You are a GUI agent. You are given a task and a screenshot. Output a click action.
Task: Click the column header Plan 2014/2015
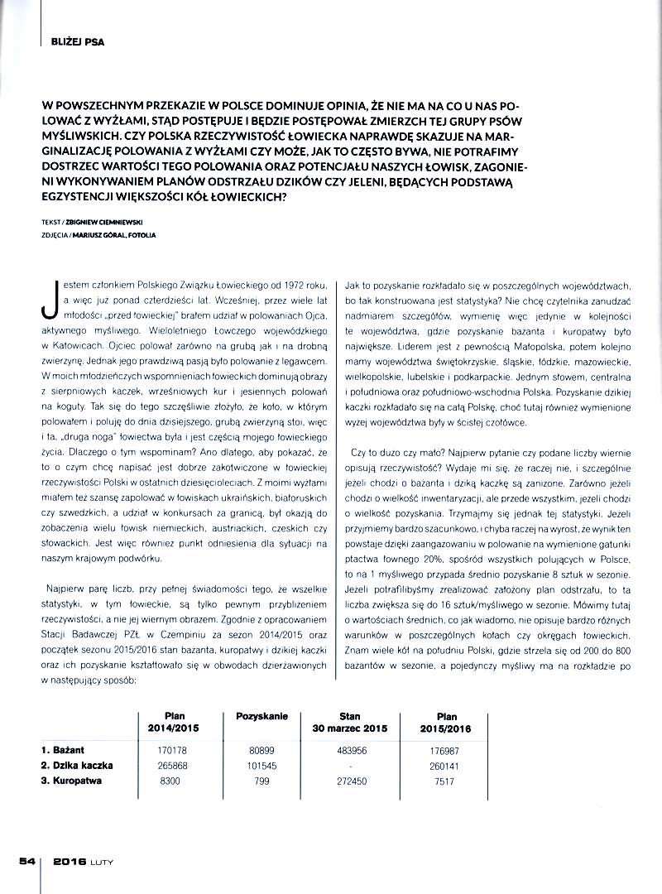tap(175, 722)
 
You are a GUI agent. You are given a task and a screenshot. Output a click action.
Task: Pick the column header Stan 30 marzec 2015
tap(352, 722)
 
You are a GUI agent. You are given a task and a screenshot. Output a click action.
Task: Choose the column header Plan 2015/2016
tap(447, 722)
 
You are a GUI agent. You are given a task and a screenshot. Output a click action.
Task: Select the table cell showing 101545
tap(261, 765)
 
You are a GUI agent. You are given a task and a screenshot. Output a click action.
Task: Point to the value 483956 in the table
tap(353, 749)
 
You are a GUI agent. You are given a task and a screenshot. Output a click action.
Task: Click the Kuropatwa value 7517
tap(447, 781)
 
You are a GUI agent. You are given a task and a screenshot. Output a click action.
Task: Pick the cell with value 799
tap(261, 781)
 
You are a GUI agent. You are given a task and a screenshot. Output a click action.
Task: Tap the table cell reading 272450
tap(353, 781)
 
